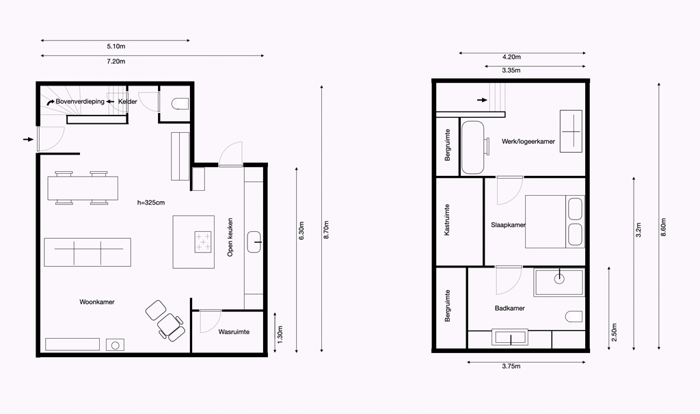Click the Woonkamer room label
click(97, 302)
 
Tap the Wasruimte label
click(234, 332)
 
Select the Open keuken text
click(230, 237)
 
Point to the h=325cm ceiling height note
click(151, 203)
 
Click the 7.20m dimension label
click(116, 62)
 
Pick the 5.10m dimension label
click(116, 46)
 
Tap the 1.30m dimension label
click(280, 335)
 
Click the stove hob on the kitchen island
click(203, 242)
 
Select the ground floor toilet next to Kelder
click(180, 103)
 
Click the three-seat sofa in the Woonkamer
click(87, 252)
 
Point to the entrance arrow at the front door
click(28, 140)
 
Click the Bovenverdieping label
click(80, 101)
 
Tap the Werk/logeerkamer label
click(528, 141)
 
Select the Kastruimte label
click(447, 220)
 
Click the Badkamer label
click(510, 308)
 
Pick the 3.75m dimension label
click(511, 366)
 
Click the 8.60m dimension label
click(663, 227)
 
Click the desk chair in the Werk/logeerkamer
click(487, 146)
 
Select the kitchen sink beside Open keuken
click(254, 242)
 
